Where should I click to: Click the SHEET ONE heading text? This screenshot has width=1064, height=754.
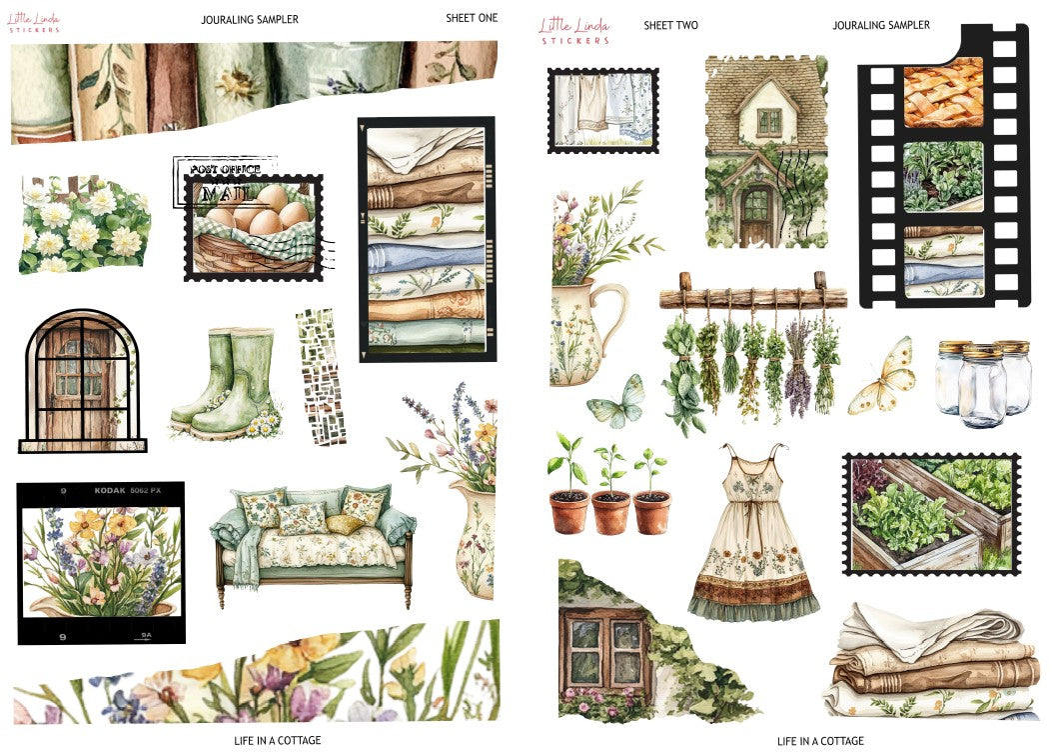[x=472, y=18]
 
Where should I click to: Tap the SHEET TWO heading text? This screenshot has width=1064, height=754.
[x=670, y=25]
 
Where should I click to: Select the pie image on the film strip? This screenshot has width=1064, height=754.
[x=943, y=92]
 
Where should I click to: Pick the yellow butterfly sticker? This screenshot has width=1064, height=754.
[x=883, y=377]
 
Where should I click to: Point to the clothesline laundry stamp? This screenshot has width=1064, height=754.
[x=602, y=110]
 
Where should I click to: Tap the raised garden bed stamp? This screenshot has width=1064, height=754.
[x=930, y=513]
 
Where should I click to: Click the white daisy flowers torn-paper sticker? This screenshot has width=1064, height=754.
[x=84, y=225]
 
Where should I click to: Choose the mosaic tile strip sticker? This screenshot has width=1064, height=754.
[x=321, y=375]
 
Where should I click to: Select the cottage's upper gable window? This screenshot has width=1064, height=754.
[x=768, y=121]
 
